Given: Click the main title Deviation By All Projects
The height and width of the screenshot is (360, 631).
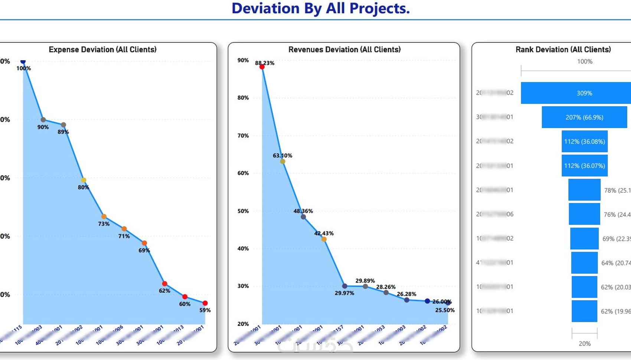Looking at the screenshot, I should coord(321,9).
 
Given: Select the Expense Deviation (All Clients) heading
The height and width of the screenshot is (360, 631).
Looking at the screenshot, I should coord(102,49).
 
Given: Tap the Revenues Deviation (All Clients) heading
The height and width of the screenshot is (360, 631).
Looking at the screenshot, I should coord(344,49).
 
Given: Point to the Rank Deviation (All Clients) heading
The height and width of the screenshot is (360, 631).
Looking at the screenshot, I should coord(563,49).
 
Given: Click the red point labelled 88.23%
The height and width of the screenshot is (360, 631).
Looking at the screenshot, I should coord(262,67).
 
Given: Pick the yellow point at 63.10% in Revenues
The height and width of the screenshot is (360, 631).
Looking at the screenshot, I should coord(282,161).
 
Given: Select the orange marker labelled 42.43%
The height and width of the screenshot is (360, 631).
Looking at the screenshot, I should coord(324,239).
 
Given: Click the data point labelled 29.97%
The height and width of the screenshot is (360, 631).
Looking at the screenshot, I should coord(345,286).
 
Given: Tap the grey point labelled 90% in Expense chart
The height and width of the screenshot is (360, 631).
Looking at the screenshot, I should coord(43,120).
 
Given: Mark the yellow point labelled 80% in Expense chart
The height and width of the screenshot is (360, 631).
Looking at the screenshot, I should coord(84,180).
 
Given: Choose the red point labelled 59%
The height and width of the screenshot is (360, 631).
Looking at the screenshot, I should coord(205,303).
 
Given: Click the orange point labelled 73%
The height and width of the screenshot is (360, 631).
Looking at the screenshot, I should coord(104,216).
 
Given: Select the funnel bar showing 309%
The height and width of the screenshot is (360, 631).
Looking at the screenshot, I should coord(576,93).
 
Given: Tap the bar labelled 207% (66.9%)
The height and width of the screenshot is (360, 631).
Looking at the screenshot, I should coord(584,117).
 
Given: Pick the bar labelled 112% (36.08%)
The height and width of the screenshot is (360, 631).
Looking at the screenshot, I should coord(585,141).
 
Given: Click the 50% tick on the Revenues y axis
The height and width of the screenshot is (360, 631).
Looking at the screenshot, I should coord(243,211).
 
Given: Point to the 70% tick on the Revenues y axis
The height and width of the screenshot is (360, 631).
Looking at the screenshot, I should coord(243,135).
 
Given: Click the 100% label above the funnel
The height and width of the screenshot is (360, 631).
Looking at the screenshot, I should coord(585,62).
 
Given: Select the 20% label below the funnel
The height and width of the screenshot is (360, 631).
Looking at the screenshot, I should coord(585,344).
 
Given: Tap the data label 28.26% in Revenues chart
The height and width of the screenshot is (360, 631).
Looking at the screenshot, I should coord(386,287).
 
